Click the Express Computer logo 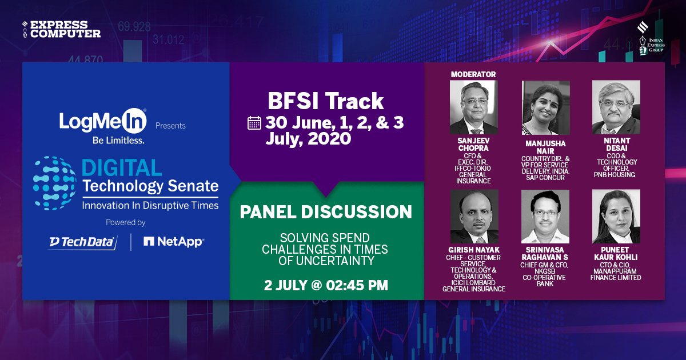(x=61, y=29)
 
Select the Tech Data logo (x=82, y=242)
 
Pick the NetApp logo (x=173, y=242)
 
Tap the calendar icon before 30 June (x=254, y=123)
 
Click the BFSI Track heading (x=326, y=101)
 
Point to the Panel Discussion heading (x=326, y=212)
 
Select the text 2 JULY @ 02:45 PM (x=326, y=284)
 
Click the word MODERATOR (x=473, y=74)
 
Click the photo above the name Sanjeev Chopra (x=473, y=107)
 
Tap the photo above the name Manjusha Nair (x=545, y=107)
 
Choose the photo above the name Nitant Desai (x=616, y=107)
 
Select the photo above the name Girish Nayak (x=474, y=216)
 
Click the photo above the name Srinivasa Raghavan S (x=545, y=216)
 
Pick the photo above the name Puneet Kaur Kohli (x=616, y=216)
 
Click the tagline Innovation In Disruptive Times (x=150, y=205)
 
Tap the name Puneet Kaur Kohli (x=616, y=253)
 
